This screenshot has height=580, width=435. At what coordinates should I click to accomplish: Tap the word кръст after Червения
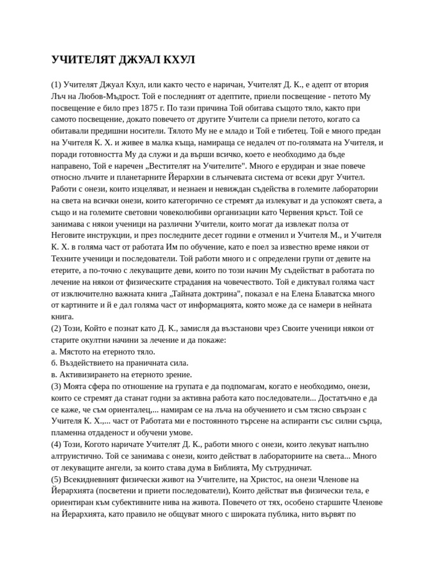pos(323,212)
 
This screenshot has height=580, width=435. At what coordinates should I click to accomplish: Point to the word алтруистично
pos(78,456)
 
